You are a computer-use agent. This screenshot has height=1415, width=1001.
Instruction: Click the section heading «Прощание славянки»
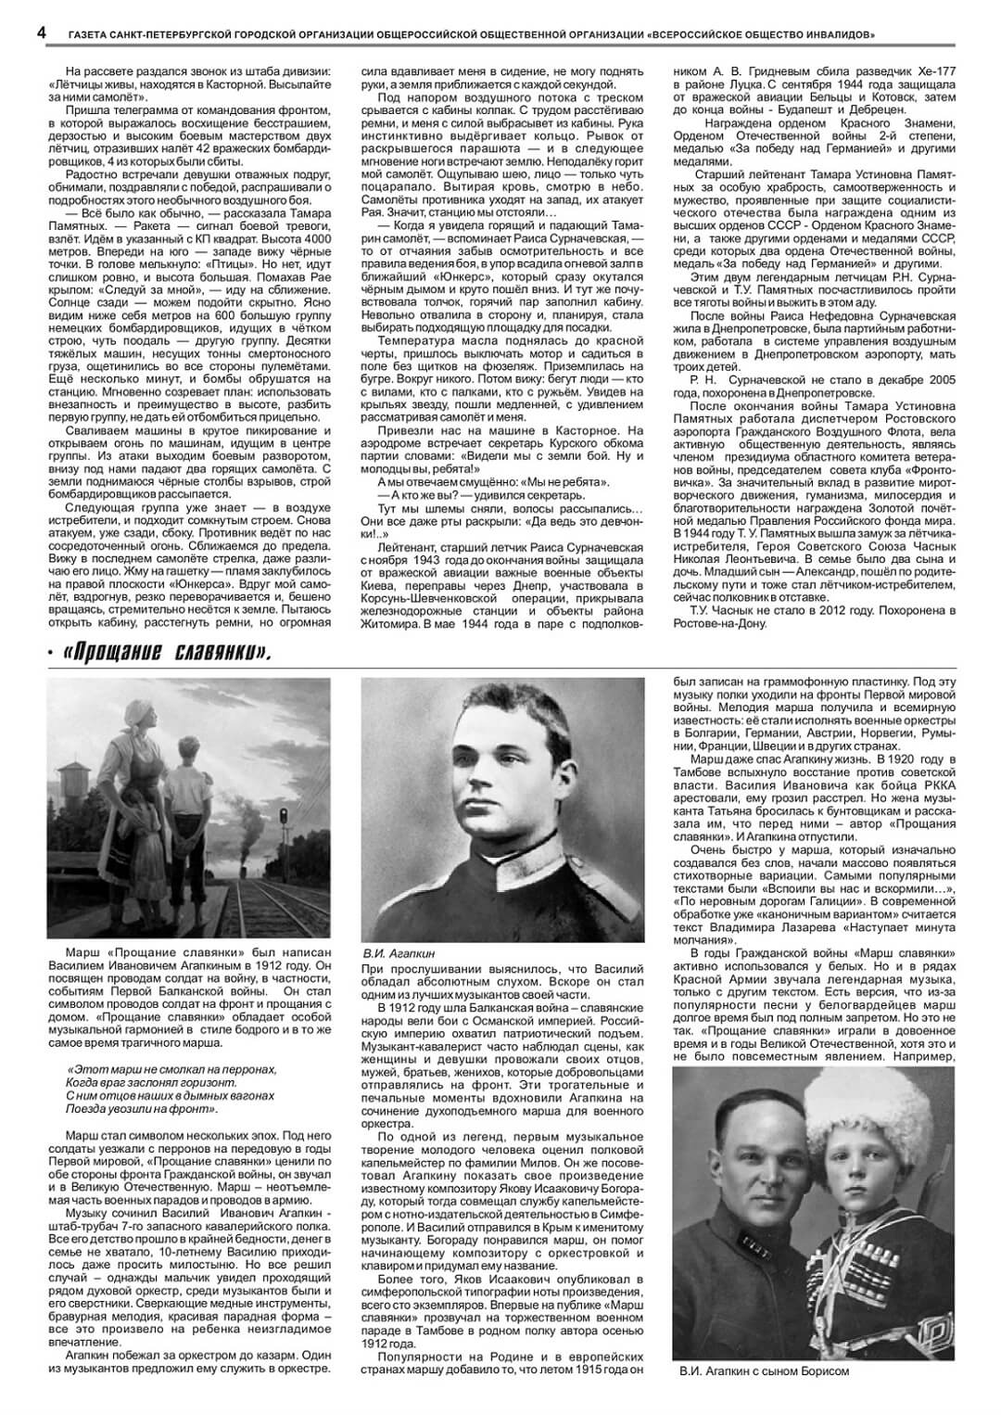pos(168,653)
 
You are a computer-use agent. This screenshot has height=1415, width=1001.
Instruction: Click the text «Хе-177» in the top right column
pos(938,70)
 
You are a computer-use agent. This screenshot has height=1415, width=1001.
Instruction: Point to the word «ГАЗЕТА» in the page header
pos(91,34)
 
